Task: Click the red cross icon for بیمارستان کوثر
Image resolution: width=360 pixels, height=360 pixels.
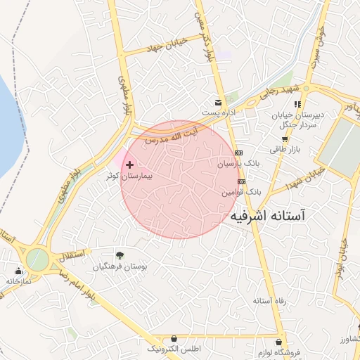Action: click(129, 164)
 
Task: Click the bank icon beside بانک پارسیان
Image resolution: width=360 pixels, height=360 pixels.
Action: click(239, 152)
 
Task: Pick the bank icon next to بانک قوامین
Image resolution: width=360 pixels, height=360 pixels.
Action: click(242, 181)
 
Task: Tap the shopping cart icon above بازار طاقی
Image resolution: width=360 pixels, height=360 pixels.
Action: click(284, 139)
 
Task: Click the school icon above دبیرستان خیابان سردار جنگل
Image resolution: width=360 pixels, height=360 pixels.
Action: click(298, 104)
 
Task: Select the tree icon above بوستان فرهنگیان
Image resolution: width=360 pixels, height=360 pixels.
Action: click(119, 255)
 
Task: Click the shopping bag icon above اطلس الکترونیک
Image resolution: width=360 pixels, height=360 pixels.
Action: click(174, 339)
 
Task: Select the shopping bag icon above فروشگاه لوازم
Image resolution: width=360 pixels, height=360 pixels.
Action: click(282, 342)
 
